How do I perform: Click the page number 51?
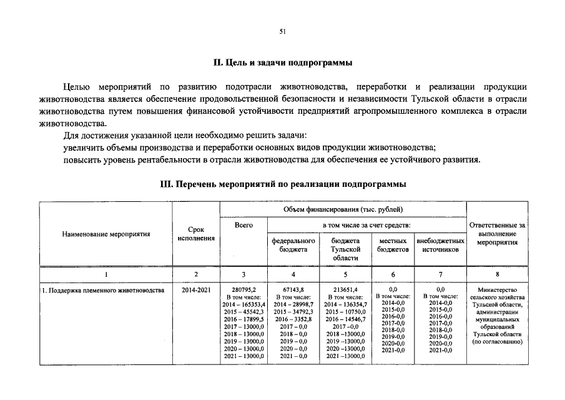click(282, 32)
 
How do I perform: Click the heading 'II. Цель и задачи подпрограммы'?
click(282, 62)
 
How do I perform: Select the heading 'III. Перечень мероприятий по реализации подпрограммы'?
click(283, 184)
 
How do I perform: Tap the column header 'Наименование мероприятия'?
click(106, 234)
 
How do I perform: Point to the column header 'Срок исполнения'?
click(196, 234)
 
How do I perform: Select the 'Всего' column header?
click(243, 224)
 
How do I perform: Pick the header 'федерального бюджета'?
click(293, 244)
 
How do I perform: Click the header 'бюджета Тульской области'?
click(345, 249)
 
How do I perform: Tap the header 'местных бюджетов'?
click(393, 244)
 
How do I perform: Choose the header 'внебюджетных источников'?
click(440, 244)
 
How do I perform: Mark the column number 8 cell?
click(497, 274)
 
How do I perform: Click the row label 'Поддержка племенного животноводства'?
click(103, 290)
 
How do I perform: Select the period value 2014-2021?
click(196, 290)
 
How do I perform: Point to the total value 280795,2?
click(243, 290)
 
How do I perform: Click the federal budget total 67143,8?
click(293, 290)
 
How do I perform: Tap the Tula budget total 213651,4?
click(345, 290)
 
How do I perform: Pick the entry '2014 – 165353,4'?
click(243, 304)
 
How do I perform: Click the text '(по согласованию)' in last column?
click(497, 342)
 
